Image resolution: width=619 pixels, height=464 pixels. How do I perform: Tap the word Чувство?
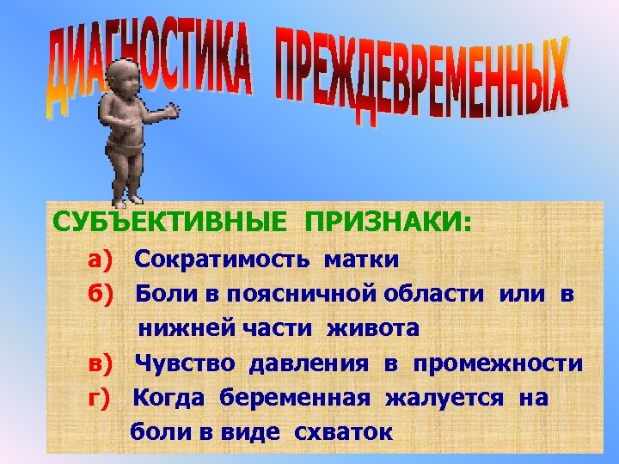tap(185, 364)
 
